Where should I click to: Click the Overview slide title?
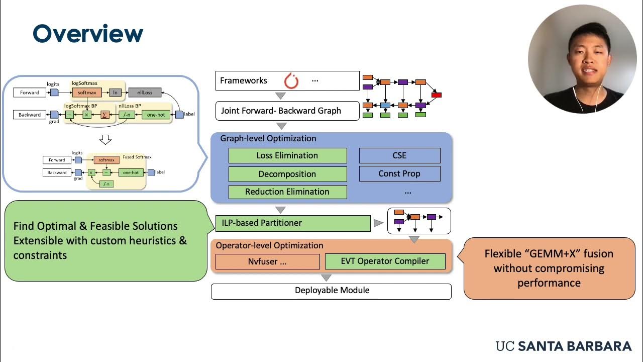click(88, 34)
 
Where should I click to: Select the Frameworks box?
click(287, 80)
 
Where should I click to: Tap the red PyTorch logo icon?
click(291, 80)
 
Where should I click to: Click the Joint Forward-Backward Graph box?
click(287, 111)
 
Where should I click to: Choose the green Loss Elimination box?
click(287, 155)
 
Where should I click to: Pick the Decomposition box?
click(287, 174)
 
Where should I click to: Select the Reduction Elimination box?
click(287, 192)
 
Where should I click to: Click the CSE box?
click(399, 155)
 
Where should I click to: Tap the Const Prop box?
click(399, 173)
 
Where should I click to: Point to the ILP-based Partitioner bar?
click(293, 223)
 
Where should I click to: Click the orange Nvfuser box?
click(267, 261)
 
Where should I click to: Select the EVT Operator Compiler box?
click(385, 261)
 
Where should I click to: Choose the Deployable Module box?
click(331, 291)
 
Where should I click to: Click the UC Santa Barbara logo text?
click(563, 346)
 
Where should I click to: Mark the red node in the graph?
click(437, 95)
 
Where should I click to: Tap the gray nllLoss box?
click(145, 93)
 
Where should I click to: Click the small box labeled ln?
click(115, 93)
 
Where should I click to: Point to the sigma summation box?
click(104, 115)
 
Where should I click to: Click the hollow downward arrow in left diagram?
click(105, 139)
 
